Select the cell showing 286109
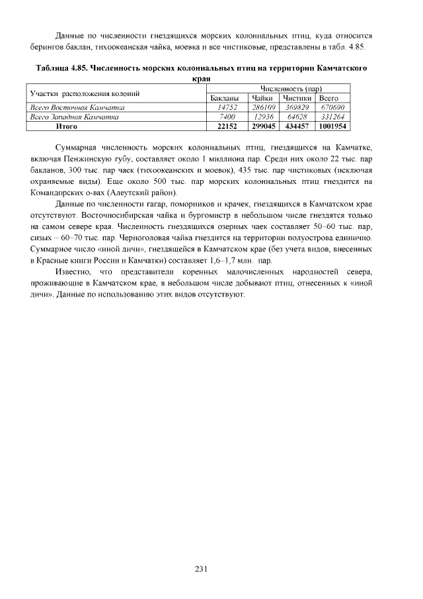tap(264, 107)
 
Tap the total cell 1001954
tap(332, 126)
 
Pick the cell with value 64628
tap(297, 116)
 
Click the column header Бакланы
tap(224, 98)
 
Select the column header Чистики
tap(297, 98)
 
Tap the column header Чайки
tap(263, 98)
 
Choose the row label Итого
tap(67, 126)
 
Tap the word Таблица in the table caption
tap(52, 68)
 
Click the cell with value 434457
tap(297, 126)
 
